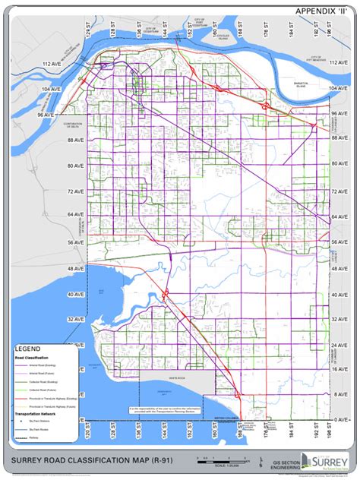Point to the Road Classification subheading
(x=32, y=357)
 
